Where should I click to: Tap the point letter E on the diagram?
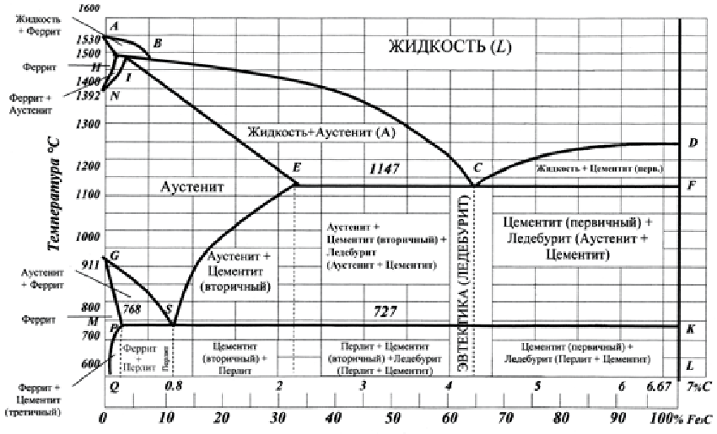pos(297,168)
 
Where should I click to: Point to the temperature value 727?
pos(385,311)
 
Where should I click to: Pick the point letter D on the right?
pos(693,142)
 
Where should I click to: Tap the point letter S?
pos(170,309)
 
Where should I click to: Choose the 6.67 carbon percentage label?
pos(657,385)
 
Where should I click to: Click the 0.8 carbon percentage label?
pos(173,386)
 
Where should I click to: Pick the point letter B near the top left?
pos(157,43)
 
